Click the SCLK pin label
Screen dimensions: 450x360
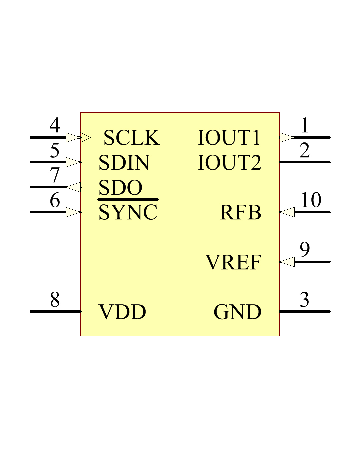click(132, 138)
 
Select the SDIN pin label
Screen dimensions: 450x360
click(124, 163)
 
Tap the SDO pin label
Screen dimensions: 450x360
click(120, 188)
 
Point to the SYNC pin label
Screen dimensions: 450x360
click(128, 212)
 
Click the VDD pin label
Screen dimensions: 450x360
click(122, 312)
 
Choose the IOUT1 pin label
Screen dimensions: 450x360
click(229, 138)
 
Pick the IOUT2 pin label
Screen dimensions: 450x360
click(229, 163)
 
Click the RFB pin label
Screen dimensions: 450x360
click(240, 212)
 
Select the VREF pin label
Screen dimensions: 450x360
click(233, 262)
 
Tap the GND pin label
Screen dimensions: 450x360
click(237, 312)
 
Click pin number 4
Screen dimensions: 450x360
click(55, 125)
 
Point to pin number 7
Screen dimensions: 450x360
click(55, 175)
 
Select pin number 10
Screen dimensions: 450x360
click(311, 200)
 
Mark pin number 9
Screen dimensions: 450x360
click(305, 250)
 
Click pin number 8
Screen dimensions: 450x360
click(55, 300)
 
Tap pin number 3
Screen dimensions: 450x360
click(304, 300)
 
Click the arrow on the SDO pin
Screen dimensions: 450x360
click(74, 187)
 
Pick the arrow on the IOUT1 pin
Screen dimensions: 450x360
click(286, 137)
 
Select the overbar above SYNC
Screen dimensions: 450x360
click(128, 200)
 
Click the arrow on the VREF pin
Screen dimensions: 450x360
click(287, 262)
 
